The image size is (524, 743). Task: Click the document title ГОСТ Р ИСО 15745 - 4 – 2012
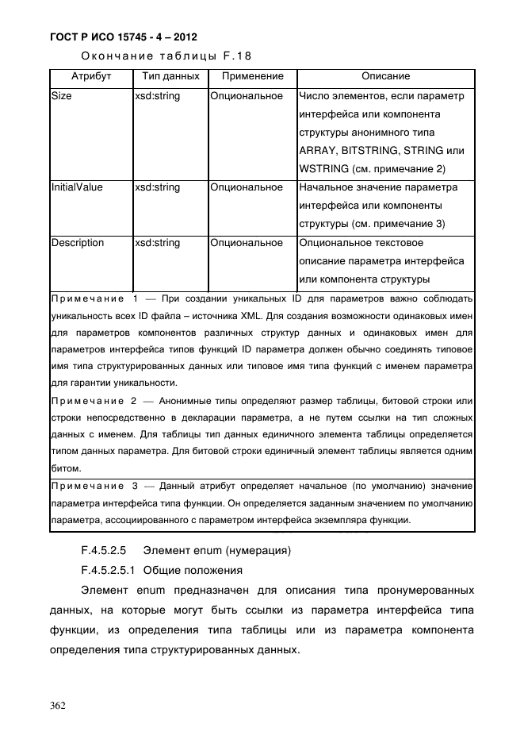pos(124,37)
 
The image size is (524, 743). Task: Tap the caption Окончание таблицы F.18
pos(167,56)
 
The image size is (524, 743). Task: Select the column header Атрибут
pos(90,77)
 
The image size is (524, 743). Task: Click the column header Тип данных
pos(170,77)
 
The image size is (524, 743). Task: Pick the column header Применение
pos(252,77)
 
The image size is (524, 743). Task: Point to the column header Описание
pos(385,77)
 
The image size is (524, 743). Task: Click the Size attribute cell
pos(61,96)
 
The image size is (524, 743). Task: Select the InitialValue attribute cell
pos(77,187)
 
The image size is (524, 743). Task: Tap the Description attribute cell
pos(78,242)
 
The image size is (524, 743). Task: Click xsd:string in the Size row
pos(157,96)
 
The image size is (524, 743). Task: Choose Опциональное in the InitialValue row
pos(247,187)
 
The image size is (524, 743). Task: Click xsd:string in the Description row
pos(157,242)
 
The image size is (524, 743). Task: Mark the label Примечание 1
pos(94,298)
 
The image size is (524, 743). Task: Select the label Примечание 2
pos(94,402)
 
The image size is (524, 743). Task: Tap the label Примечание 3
pos(94,486)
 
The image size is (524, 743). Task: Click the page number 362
pos(58,704)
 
